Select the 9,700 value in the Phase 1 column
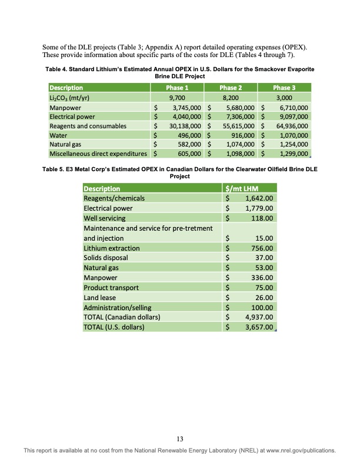pos(177,98)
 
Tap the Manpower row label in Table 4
pos(66,108)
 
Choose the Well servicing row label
pos(105,218)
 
